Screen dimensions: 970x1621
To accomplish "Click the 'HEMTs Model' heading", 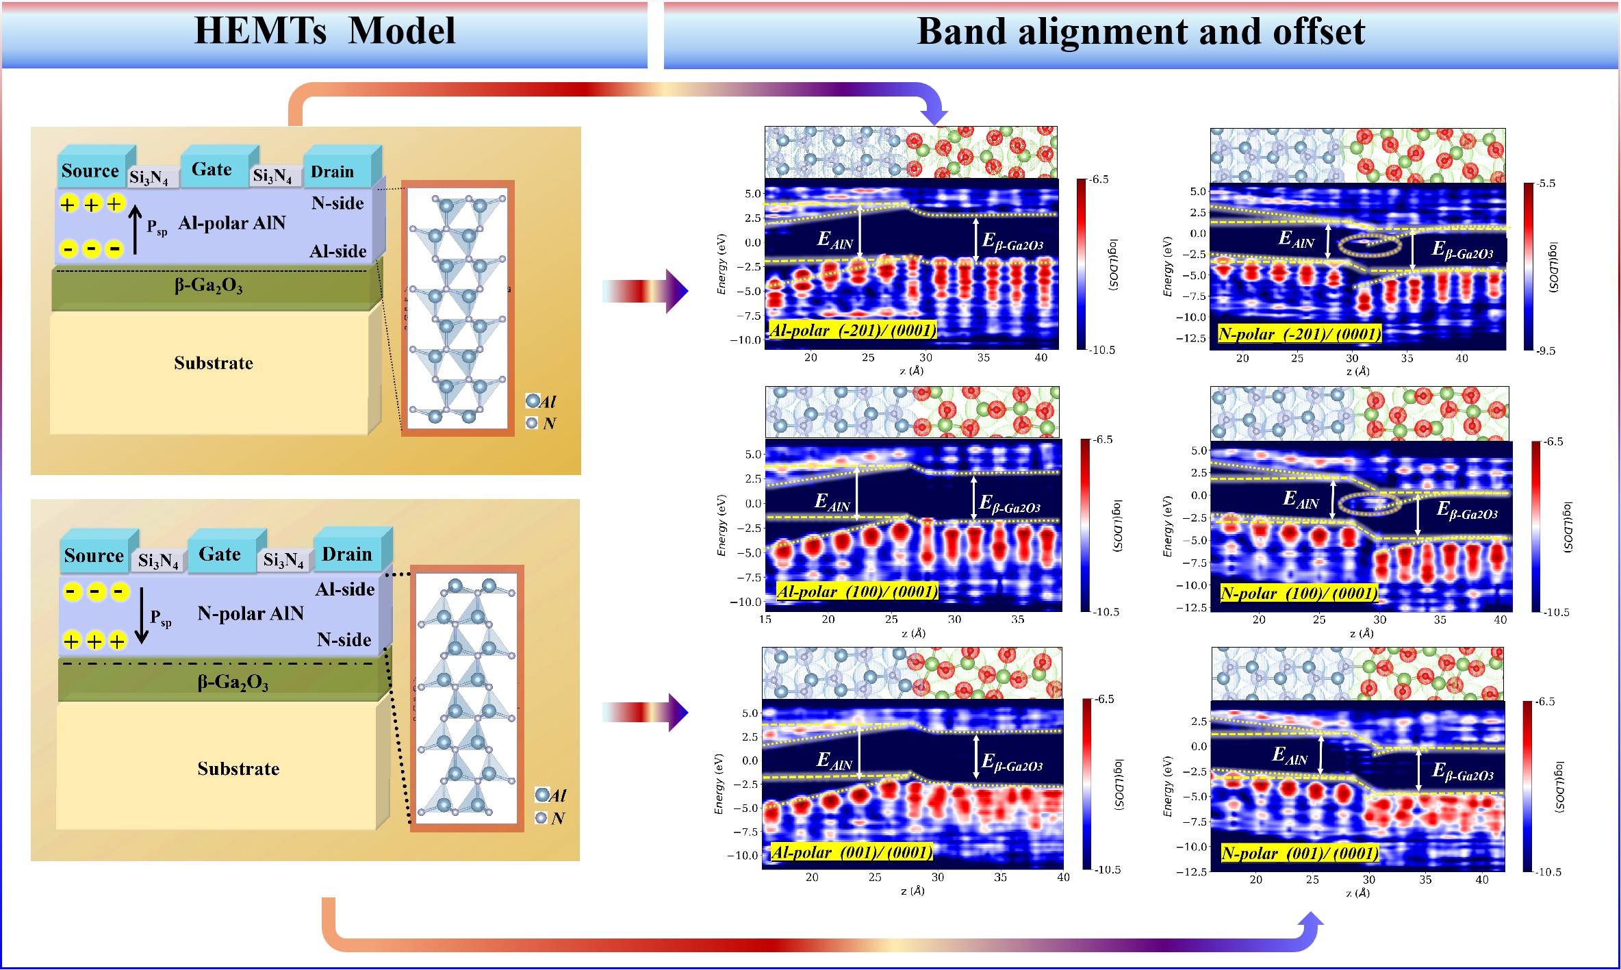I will (x=324, y=31).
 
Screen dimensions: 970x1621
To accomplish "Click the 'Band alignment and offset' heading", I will (x=1140, y=31).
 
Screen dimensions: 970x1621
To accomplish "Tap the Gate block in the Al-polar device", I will (x=212, y=169).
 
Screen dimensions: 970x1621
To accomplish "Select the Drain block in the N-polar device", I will (x=347, y=554).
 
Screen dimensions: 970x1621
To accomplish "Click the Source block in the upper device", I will (x=90, y=170).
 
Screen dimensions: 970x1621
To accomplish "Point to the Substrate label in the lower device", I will (x=238, y=769).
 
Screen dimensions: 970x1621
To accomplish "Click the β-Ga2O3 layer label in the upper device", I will (x=208, y=285).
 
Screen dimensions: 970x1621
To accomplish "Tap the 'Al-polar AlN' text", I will (x=231, y=223).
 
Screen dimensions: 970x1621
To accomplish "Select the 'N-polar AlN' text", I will (x=251, y=613).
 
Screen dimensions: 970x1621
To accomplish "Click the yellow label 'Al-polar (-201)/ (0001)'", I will (x=852, y=331).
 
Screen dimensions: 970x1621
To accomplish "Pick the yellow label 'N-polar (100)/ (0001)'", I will (x=1299, y=593).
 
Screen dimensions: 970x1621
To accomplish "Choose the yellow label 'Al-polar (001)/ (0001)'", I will (x=852, y=852).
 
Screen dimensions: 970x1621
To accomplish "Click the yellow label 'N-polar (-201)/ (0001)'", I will (x=1299, y=334).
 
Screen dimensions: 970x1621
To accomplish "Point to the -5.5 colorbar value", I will (x=1545, y=183).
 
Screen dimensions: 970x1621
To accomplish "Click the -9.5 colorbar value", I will (x=1545, y=350).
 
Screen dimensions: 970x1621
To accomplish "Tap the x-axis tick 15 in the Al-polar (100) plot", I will (x=765, y=620).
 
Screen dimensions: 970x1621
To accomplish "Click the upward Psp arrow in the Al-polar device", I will (x=136, y=229).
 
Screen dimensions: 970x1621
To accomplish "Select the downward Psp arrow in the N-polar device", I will (x=142, y=615).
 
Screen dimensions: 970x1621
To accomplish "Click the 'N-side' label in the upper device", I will (x=337, y=203).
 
